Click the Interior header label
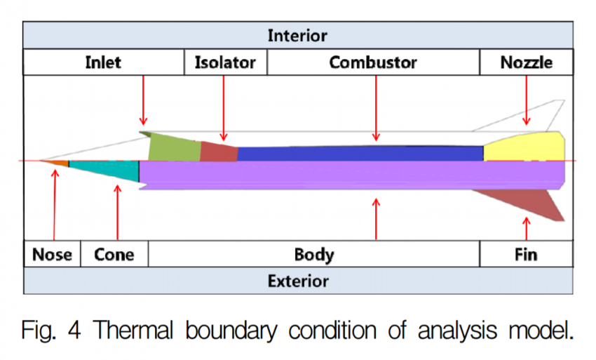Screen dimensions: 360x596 coord(297,35)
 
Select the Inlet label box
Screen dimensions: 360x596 coord(103,62)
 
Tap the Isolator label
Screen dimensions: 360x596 coord(225,62)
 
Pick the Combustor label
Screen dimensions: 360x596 coord(373,62)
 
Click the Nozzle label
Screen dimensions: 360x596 coord(526,62)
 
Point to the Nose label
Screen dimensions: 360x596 coord(52,254)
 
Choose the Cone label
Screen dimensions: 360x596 coord(114,254)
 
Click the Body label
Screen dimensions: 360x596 coord(313,254)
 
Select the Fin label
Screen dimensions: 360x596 coord(526,254)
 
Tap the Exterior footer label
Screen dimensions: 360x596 coord(297,281)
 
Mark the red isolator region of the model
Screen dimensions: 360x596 coord(219,152)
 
